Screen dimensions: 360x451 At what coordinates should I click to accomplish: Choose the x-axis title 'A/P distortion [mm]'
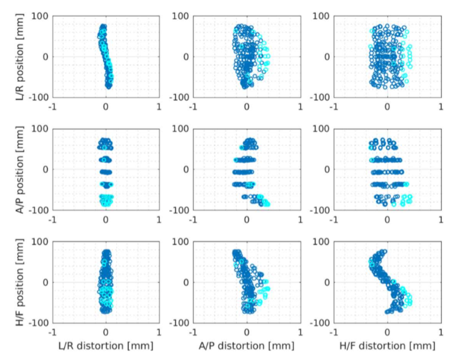(x=246, y=347)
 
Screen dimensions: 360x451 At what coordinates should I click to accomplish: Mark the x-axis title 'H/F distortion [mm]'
(x=387, y=347)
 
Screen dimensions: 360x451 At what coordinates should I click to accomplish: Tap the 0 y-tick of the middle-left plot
(x=45, y=169)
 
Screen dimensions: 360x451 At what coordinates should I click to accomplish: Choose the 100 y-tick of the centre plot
(x=181, y=128)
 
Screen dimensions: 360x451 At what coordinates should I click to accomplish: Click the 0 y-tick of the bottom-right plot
(x=327, y=282)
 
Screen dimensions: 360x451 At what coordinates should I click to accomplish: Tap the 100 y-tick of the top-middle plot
(x=181, y=16)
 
